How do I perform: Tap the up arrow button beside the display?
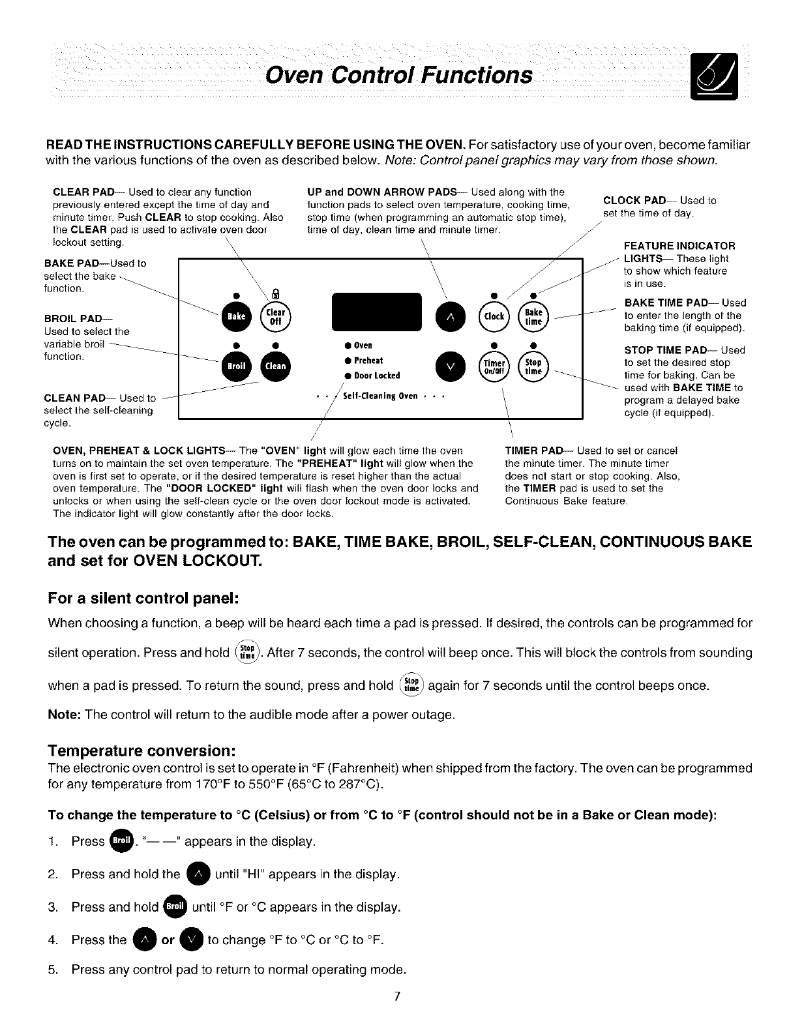tap(449, 316)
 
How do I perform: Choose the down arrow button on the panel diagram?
tap(449, 366)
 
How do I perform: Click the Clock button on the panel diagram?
tap(494, 316)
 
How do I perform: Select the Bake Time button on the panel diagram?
tap(533, 316)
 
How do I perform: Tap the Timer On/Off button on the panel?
tap(494, 366)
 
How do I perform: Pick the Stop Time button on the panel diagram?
tap(533, 366)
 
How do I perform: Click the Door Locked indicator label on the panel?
tap(377, 376)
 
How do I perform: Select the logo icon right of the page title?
tap(715, 77)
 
